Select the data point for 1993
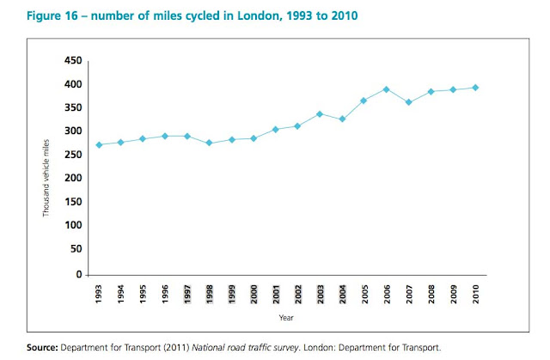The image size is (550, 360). pyautogui.click(x=100, y=144)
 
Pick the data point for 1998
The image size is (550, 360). pyautogui.click(x=209, y=143)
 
